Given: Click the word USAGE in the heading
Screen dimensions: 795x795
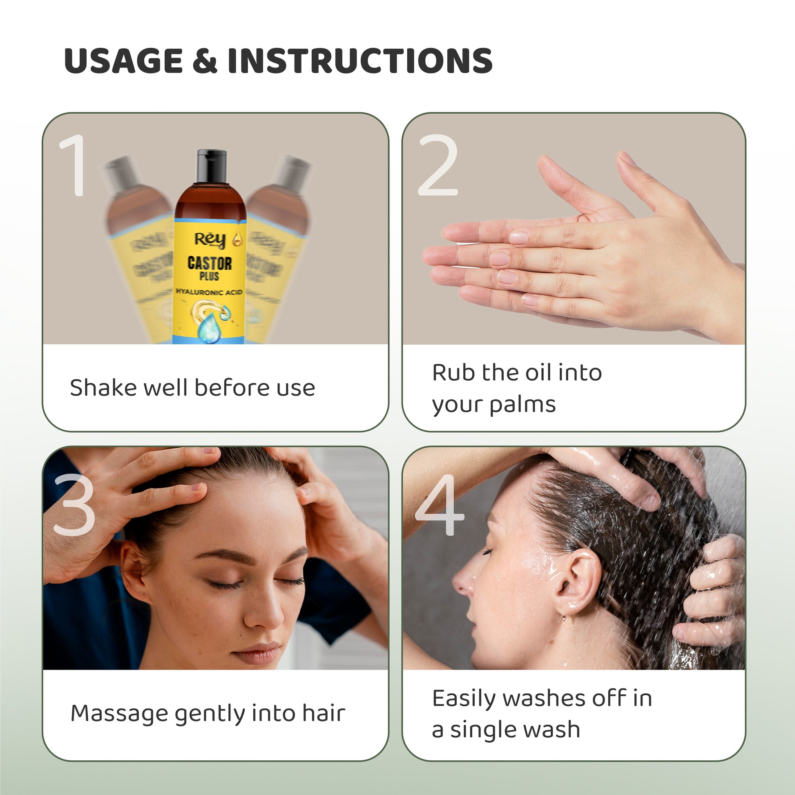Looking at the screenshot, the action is tap(123, 60).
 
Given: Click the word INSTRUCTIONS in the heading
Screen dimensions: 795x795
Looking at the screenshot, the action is tap(360, 60).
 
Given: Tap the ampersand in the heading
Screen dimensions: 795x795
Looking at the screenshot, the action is tap(205, 60).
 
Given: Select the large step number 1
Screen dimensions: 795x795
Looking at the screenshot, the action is tap(74, 165).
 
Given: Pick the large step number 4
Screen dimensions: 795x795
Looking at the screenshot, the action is tap(440, 505).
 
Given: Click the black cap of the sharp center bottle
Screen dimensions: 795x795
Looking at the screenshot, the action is tap(212, 166).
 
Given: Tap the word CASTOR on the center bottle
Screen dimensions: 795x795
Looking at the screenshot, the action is tap(210, 263).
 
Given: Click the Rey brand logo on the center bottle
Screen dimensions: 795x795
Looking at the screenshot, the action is tap(210, 240).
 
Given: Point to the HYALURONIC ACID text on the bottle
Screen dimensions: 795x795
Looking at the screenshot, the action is tap(209, 292).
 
